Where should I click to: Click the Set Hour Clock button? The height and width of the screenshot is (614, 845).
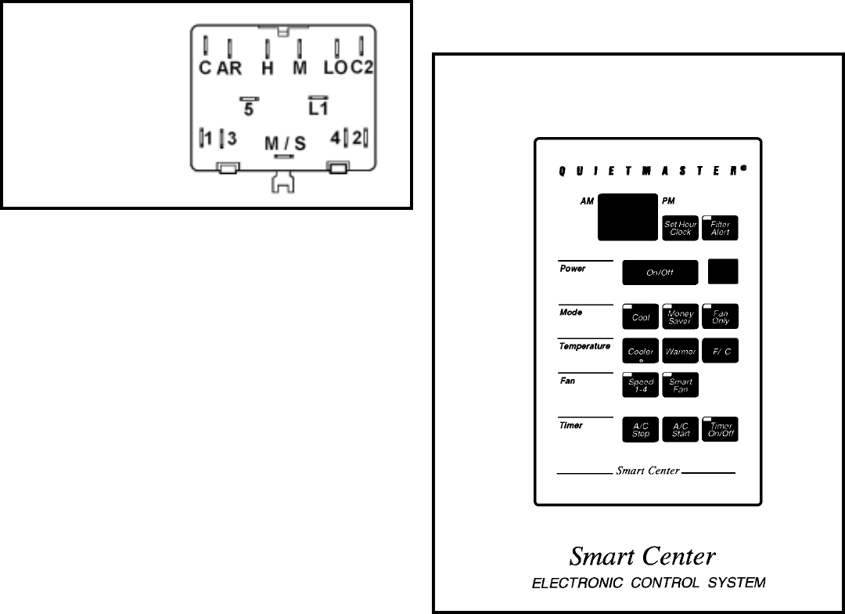tap(680, 228)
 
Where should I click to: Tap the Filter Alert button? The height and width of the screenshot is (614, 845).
tap(720, 228)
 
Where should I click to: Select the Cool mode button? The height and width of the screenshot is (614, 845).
tap(641, 316)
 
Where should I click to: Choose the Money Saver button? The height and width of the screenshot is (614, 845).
tap(680, 316)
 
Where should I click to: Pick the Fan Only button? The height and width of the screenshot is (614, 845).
tap(720, 316)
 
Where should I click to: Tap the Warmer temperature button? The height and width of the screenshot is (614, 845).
tap(680, 351)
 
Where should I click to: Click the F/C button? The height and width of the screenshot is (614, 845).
tap(720, 351)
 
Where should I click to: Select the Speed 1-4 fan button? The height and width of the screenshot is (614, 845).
tap(641, 385)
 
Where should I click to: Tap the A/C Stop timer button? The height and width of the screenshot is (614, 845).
tap(641, 429)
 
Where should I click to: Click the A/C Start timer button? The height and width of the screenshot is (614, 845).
tap(680, 429)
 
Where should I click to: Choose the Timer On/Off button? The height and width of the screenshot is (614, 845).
tap(720, 429)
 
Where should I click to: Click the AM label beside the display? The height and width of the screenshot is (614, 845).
tap(587, 201)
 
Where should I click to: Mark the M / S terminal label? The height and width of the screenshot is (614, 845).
tap(285, 143)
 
